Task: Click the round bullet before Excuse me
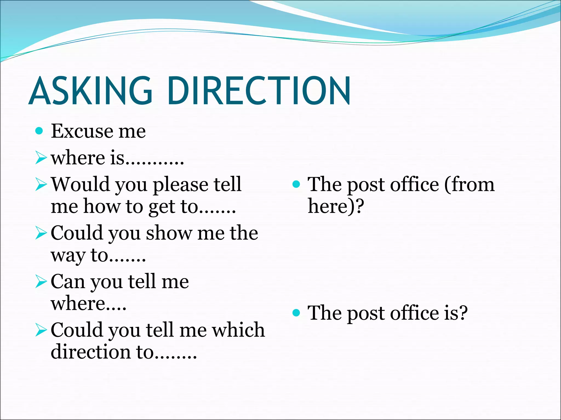(x=39, y=131)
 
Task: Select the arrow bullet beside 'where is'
(x=41, y=158)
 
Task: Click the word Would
(x=81, y=184)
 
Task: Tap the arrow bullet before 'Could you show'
(x=41, y=233)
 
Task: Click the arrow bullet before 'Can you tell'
(x=41, y=282)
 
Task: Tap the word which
(x=239, y=330)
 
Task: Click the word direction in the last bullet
(x=91, y=352)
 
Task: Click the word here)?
(x=336, y=207)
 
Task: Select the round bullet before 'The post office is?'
(x=296, y=312)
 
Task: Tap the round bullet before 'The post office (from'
(x=296, y=184)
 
